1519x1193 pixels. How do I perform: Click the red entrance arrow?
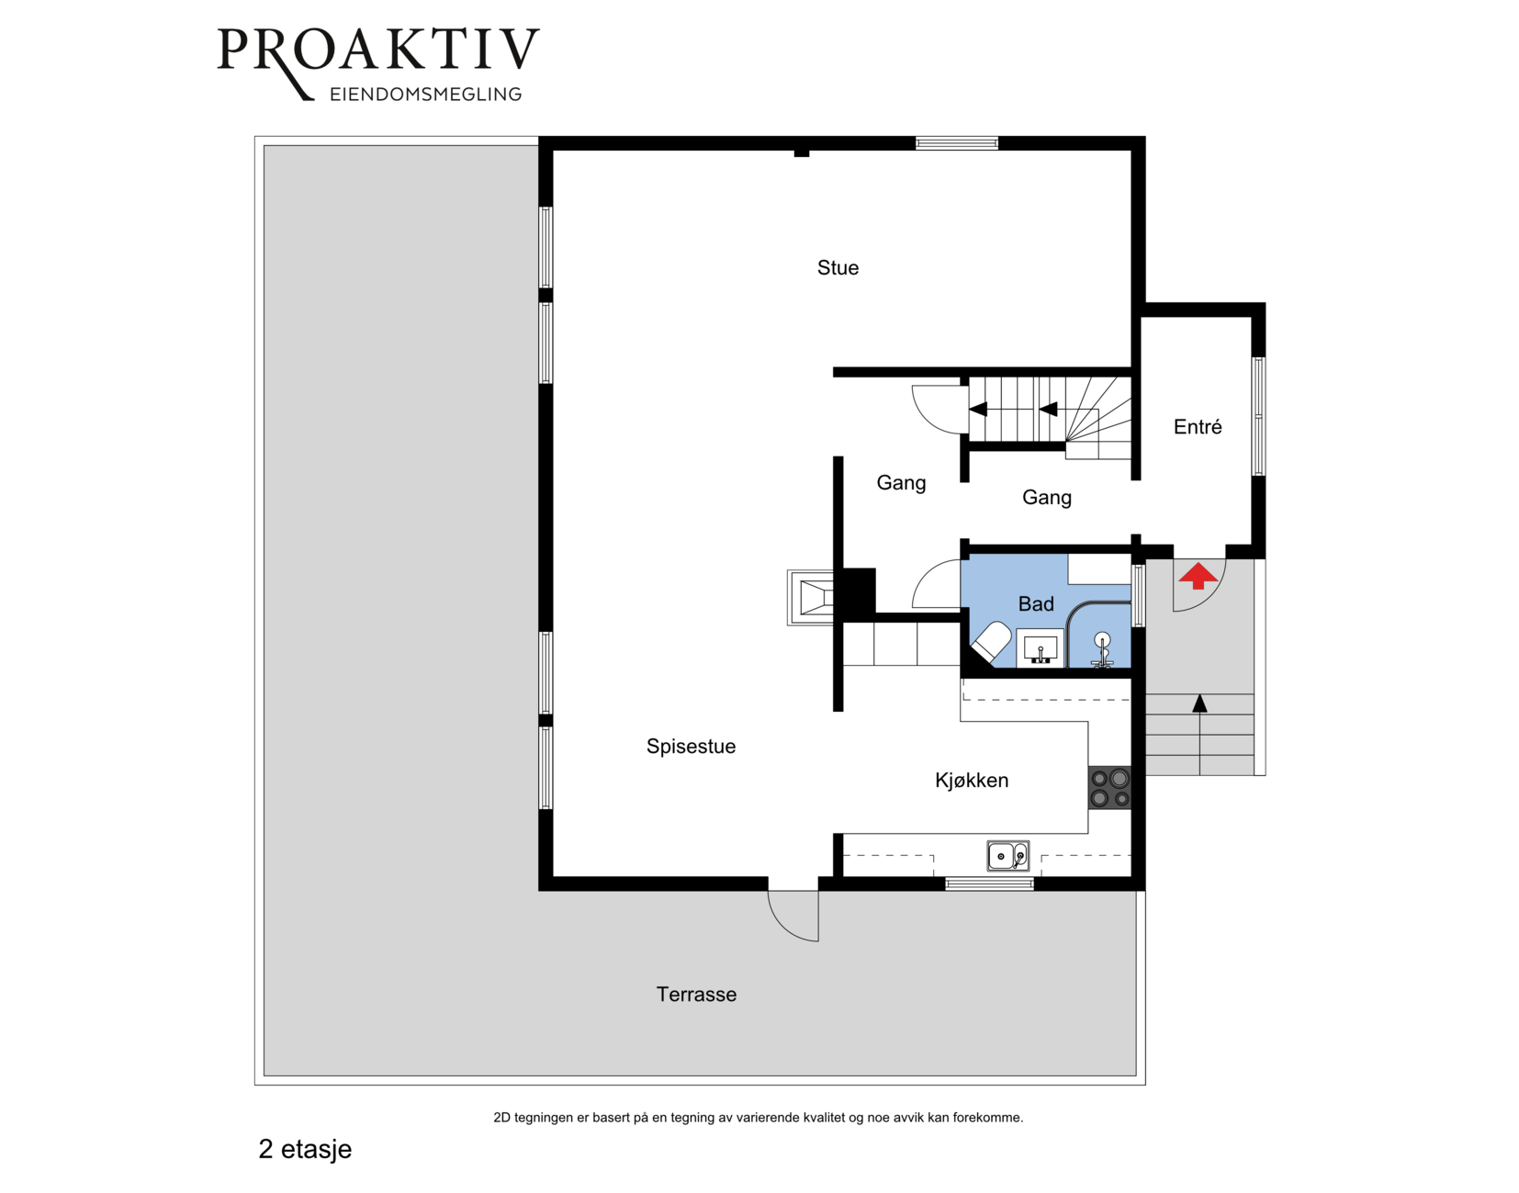[1198, 576]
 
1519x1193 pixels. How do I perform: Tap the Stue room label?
[838, 267]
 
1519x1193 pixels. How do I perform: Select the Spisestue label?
[691, 747]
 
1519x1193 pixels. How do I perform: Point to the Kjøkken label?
[972, 780]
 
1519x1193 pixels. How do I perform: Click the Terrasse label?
[696, 995]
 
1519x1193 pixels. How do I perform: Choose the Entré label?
[1198, 426]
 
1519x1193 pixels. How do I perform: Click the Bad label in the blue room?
[1036, 603]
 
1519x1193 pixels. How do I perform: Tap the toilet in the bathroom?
[991, 642]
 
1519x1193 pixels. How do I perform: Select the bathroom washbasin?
[1041, 648]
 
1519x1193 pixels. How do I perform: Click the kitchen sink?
[1008, 855]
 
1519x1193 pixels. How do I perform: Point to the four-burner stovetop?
[1109, 788]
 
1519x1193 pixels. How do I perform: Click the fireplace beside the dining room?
[811, 598]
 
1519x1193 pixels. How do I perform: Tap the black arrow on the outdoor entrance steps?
[1199, 734]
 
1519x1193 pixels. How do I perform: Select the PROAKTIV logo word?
[378, 51]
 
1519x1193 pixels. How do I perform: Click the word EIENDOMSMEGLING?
[426, 95]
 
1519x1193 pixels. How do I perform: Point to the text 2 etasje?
[305, 1149]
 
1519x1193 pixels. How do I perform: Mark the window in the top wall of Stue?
[957, 143]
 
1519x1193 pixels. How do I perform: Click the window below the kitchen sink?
[989, 884]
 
